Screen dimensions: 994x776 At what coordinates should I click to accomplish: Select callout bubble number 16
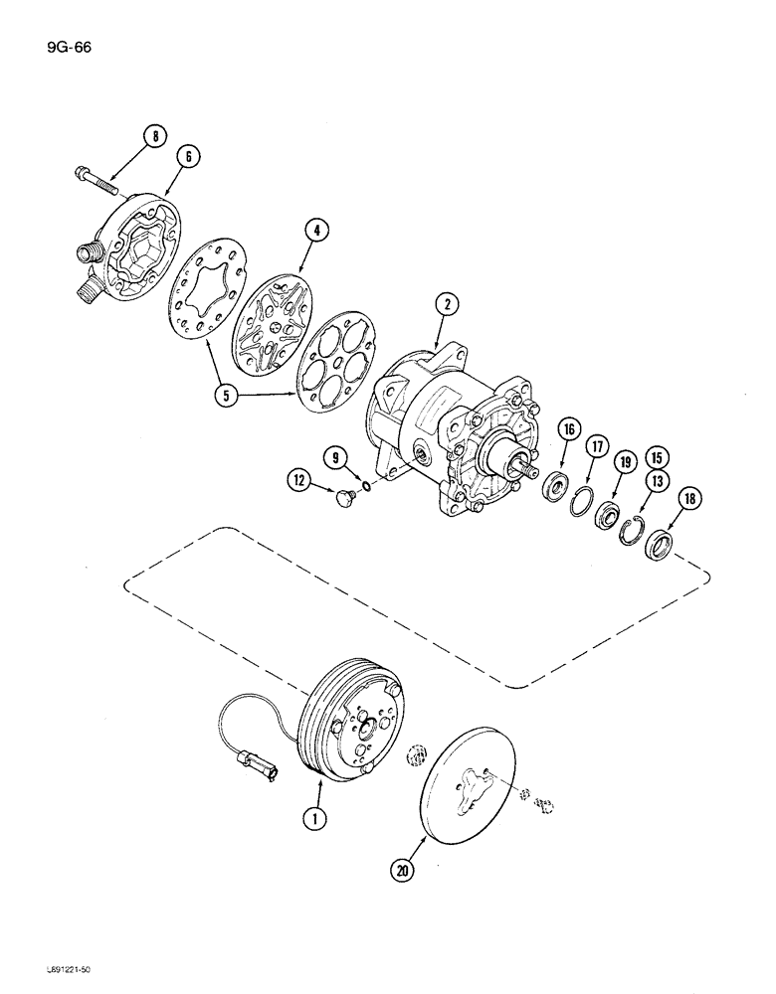point(569,429)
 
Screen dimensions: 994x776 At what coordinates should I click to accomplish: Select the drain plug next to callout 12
point(347,494)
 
